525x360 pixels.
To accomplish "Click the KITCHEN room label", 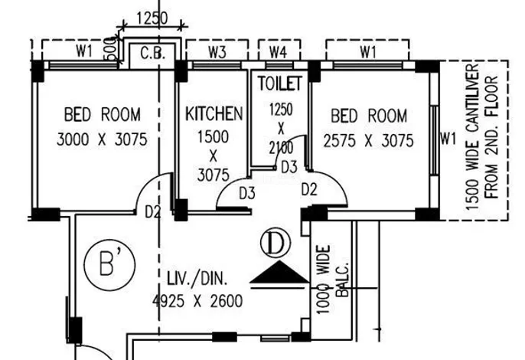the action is point(214,113).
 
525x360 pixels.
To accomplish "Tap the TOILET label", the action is point(279,83).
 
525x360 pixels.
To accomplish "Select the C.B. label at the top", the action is point(152,54).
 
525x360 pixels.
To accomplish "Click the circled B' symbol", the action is point(110,265).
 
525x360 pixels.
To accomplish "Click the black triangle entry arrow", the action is point(279,272).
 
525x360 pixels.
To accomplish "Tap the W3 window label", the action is point(217,52).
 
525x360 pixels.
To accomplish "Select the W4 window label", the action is point(279,52).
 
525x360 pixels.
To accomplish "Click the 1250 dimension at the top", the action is point(152,18).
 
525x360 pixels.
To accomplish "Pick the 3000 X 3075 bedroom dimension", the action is point(102,139).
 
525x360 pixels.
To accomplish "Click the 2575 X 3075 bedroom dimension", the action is point(369,140).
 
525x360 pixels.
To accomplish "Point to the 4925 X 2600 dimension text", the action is point(197,301).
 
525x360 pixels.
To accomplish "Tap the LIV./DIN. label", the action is point(197,279).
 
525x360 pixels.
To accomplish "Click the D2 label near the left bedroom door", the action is point(153,212).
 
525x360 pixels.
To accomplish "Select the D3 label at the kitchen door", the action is point(247,194).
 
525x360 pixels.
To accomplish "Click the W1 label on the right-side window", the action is point(448,139).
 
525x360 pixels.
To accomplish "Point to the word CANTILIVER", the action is point(472,100).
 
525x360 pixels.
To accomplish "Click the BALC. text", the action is point(342,280).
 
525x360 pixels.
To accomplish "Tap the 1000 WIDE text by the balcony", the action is point(324,280).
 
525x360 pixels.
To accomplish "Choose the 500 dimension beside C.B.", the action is point(112,49).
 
